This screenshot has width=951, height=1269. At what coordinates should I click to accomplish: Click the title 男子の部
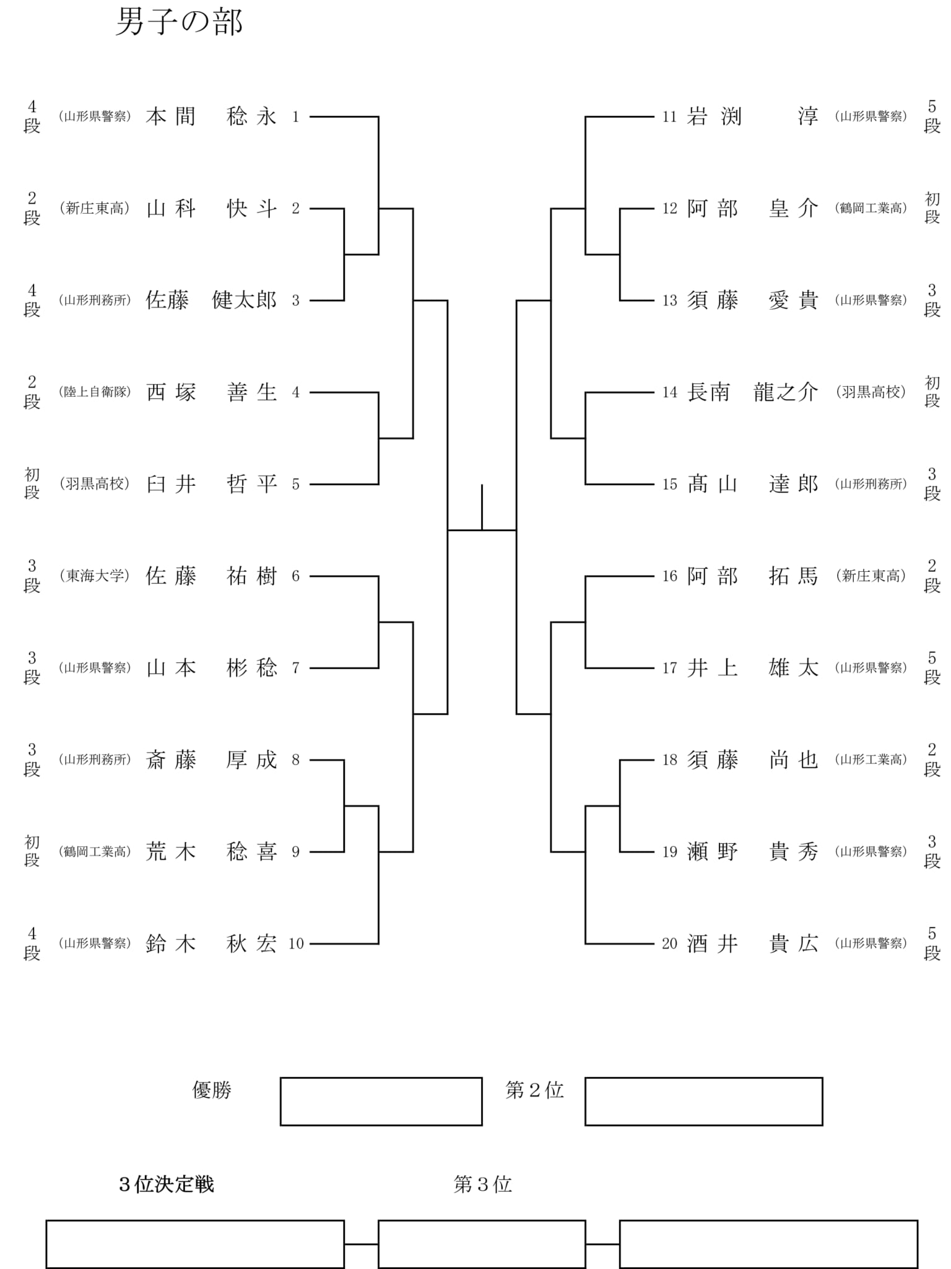[x=180, y=23]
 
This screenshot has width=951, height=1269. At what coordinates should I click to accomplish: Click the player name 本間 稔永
[x=211, y=116]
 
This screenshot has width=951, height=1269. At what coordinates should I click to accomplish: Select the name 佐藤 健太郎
[x=211, y=301]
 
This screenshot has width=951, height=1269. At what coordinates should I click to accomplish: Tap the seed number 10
[x=296, y=944]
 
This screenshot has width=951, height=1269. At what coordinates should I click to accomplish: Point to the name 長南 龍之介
[x=752, y=392]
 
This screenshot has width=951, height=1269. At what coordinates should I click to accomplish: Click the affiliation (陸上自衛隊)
[x=95, y=392]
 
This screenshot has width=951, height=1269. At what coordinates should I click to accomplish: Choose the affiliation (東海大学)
[x=95, y=576]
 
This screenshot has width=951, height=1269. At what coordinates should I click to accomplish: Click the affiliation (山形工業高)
[x=871, y=760]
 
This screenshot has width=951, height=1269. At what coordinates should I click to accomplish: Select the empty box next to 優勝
[x=381, y=1101]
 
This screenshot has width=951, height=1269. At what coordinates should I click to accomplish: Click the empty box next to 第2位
[x=703, y=1101]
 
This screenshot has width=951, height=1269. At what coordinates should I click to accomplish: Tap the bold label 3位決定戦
[x=167, y=1185]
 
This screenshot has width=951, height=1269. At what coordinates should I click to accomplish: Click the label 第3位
[x=483, y=1185]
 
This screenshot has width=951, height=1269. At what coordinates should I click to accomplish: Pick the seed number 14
[x=669, y=392]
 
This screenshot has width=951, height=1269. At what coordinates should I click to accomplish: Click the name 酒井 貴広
[x=752, y=944]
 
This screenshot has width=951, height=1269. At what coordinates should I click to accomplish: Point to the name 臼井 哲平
[x=211, y=484]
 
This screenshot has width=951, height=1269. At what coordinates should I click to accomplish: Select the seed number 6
[x=296, y=576]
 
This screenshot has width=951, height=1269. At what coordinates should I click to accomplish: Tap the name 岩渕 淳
[x=752, y=116]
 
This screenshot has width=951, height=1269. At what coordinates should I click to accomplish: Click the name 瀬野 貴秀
[x=752, y=852]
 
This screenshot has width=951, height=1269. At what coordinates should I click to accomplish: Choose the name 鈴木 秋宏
[x=211, y=944]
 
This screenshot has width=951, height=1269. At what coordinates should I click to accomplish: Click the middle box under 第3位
[x=482, y=1244]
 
